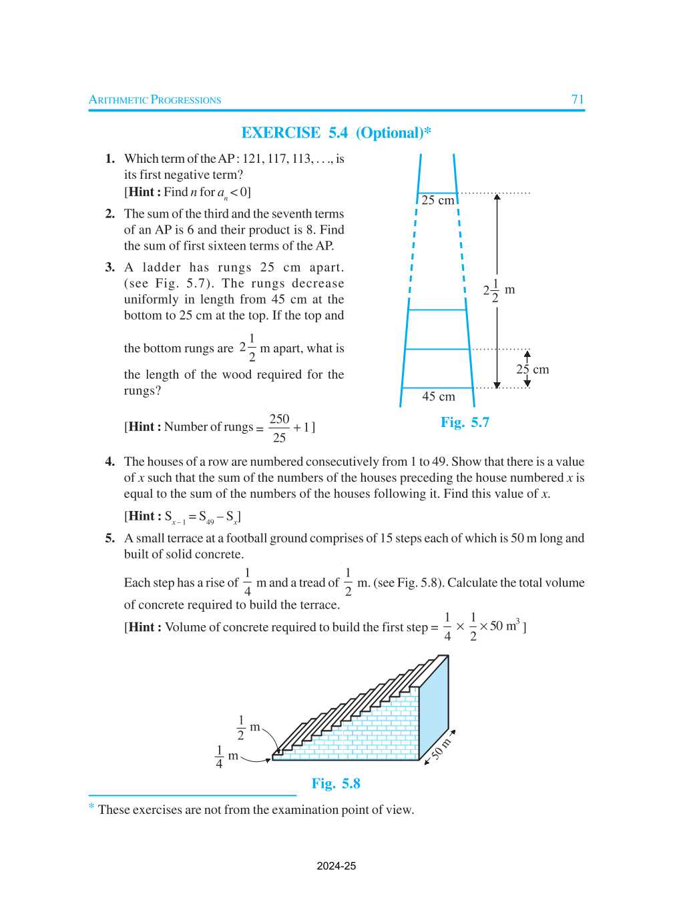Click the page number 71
point(578,99)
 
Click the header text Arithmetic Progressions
point(155,100)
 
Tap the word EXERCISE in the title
point(280,133)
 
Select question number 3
point(109,268)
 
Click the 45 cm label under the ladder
point(439,396)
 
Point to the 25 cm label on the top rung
point(437,200)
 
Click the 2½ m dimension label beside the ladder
point(499,290)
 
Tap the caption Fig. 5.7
point(465,422)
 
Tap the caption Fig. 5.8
point(336,783)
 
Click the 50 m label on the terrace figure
point(441,749)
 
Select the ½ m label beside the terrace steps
point(248,728)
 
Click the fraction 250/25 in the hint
point(279,428)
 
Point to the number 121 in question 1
point(252,159)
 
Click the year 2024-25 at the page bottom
point(336,866)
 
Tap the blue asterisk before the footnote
point(91,807)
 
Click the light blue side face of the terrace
point(434,707)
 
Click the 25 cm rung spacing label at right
point(533,370)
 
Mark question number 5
point(109,538)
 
